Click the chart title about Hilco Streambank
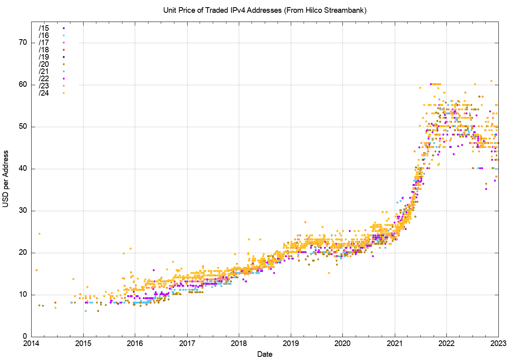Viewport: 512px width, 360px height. (x=265, y=10)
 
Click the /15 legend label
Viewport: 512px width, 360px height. (x=44, y=28)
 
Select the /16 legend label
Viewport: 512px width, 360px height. (x=44, y=35)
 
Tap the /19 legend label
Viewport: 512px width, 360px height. (x=44, y=57)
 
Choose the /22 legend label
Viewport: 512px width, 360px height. (x=44, y=78)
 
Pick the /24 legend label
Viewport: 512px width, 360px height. (x=44, y=93)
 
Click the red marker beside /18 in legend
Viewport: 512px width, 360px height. (x=64, y=50)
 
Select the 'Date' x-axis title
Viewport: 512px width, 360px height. (x=265, y=354)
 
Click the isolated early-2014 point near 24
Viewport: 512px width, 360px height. (x=39, y=234)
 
